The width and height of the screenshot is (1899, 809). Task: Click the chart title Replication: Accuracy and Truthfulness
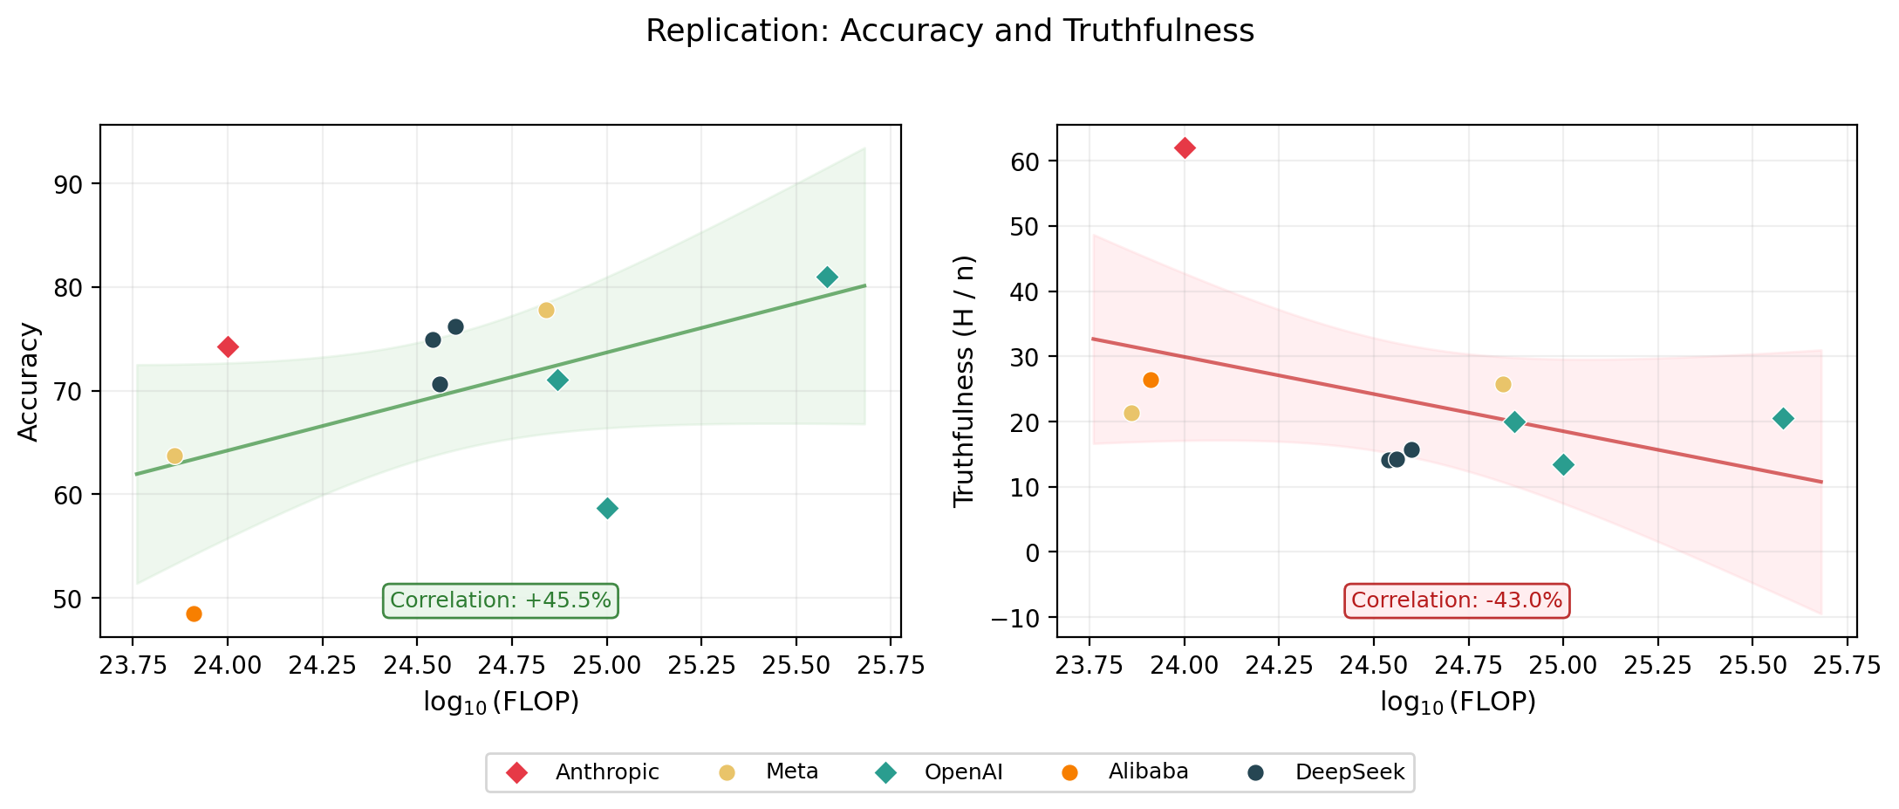(x=949, y=31)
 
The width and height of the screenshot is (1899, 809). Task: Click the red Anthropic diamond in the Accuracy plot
(x=228, y=347)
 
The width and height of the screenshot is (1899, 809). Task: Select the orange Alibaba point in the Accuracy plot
(x=194, y=614)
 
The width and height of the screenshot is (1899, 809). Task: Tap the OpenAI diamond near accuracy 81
(x=827, y=278)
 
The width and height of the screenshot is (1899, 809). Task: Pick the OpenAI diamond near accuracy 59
(x=608, y=508)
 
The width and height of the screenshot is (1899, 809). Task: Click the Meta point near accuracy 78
(x=546, y=311)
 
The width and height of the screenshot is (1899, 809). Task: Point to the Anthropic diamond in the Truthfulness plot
(x=1185, y=148)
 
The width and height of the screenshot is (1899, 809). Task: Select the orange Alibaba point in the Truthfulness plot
(x=1151, y=380)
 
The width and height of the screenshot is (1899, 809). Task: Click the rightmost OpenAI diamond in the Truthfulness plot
(x=1783, y=419)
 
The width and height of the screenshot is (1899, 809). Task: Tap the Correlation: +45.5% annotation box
(x=501, y=600)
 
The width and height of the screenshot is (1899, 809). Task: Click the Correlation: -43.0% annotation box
(x=1456, y=600)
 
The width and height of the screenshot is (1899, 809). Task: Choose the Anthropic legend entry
(x=607, y=772)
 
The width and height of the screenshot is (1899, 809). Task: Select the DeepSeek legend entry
(x=1349, y=772)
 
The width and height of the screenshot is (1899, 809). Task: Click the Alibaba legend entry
(x=1148, y=772)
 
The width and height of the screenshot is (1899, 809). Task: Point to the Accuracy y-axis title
(x=29, y=382)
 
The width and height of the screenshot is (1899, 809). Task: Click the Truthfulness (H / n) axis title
(x=963, y=381)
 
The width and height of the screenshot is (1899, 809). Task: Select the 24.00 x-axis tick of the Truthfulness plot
(x=1185, y=667)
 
